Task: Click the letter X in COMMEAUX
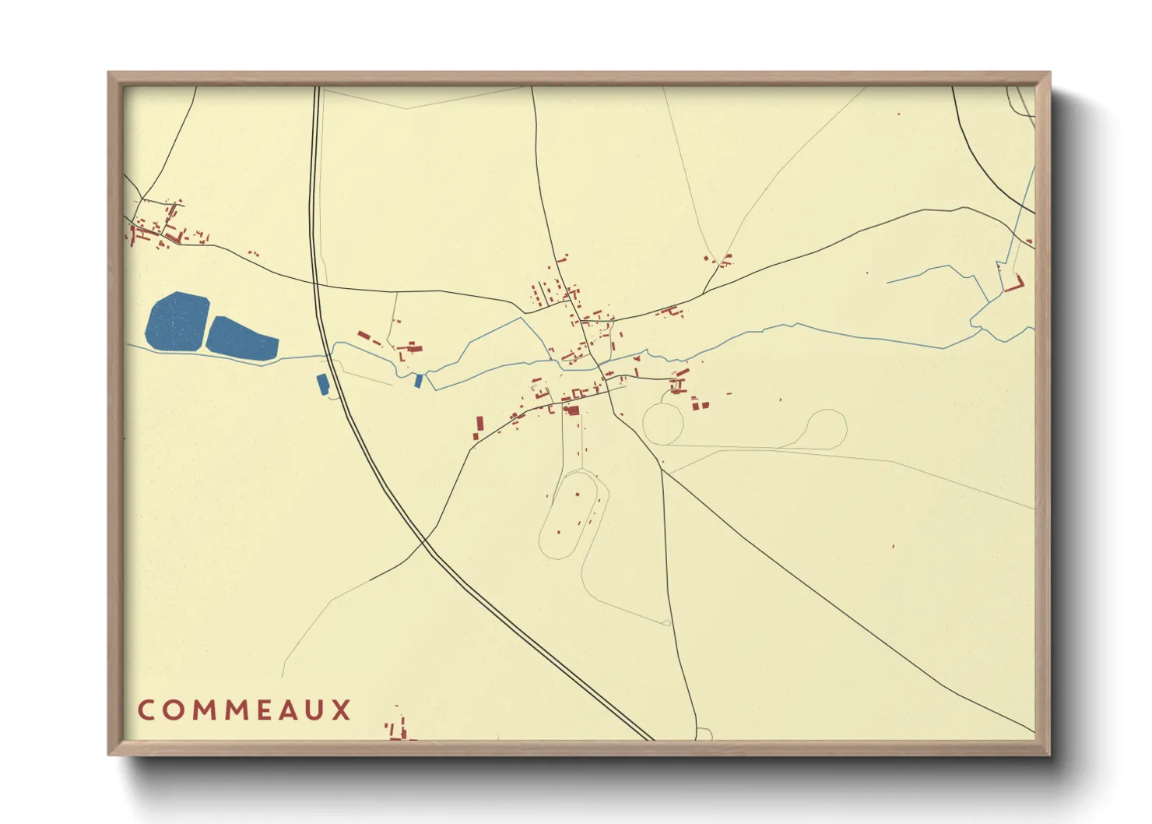tap(342, 710)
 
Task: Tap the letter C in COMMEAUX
tap(146, 710)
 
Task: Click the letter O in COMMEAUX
tap(173, 710)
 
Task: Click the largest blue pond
tap(177, 321)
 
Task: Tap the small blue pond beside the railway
tap(322, 383)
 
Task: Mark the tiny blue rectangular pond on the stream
tap(418, 381)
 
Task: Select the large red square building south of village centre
tap(573, 410)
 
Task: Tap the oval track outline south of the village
tap(573, 515)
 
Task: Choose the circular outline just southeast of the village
tap(662, 424)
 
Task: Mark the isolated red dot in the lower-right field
tap(894, 546)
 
